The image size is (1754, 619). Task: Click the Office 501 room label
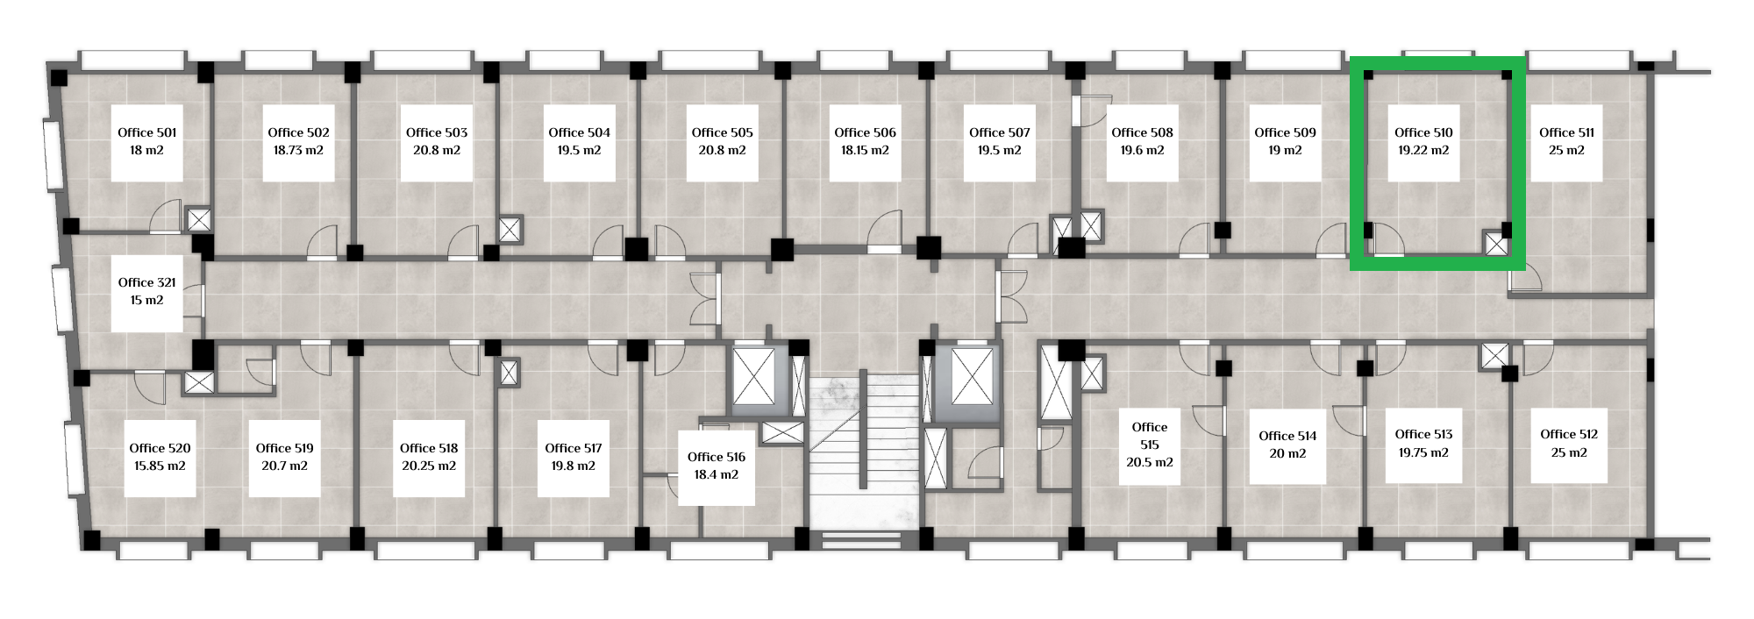[x=147, y=132]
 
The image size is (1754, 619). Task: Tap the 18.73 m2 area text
[x=298, y=150]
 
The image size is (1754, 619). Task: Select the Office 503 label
[x=437, y=132]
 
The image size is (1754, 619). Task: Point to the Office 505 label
[x=722, y=132]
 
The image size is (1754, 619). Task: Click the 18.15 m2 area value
[x=865, y=150]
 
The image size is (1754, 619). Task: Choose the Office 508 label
[x=1142, y=132]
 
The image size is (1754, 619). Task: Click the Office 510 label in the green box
[x=1423, y=132]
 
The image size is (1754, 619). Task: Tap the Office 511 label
[x=1566, y=132]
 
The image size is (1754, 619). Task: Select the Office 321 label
[x=147, y=282]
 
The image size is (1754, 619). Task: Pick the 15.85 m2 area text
[x=160, y=466]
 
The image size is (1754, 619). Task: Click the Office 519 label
[x=284, y=448]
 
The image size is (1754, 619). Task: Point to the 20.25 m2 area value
[x=429, y=466]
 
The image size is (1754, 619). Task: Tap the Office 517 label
[x=574, y=448]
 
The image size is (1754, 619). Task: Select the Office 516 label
[x=717, y=457]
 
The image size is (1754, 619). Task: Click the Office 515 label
[x=1149, y=436]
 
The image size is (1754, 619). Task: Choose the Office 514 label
[x=1287, y=436]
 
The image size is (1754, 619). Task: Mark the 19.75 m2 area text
[x=1423, y=452]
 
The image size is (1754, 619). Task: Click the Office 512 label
[x=1569, y=434]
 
